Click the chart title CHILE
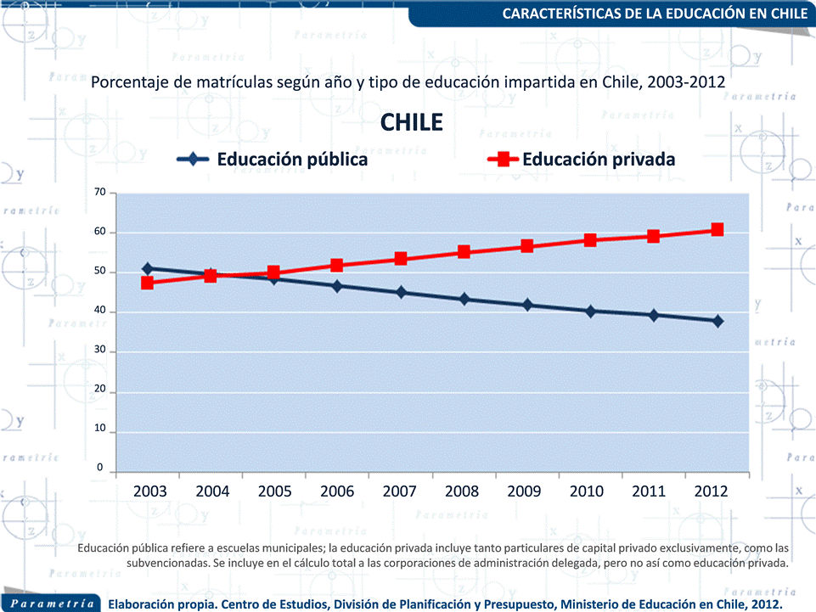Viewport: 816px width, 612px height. (412, 122)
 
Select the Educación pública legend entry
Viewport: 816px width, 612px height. (272, 160)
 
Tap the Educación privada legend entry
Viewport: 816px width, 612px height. (582, 160)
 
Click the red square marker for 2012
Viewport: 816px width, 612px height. (718, 230)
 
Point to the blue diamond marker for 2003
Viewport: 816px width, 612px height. (148, 268)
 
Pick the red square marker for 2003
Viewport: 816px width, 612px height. (148, 283)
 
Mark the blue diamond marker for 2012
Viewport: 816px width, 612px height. (718, 321)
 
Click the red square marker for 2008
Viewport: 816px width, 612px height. (464, 252)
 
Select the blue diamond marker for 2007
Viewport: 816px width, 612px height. (401, 293)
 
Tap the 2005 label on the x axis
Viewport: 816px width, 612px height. (274, 491)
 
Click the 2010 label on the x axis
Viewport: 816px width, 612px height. (586, 491)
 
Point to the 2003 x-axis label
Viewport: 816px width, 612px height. (150, 491)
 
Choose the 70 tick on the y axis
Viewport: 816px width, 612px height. (99, 193)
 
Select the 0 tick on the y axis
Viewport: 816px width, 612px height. (100, 468)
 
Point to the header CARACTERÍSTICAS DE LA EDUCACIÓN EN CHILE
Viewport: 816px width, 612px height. (655, 14)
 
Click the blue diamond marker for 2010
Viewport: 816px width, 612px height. (590, 311)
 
